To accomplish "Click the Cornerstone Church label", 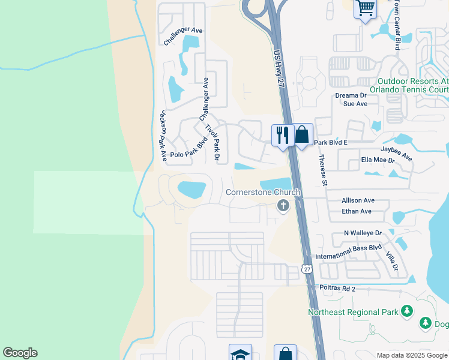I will (263, 193).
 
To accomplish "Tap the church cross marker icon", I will (283, 206).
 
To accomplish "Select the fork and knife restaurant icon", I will (282, 134).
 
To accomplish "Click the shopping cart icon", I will (366, 9).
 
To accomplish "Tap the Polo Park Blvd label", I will (188, 149).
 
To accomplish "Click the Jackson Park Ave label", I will (163, 135).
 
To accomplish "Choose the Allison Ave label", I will (358, 200).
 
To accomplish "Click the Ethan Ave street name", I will (357, 211).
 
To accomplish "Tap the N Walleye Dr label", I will (363, 233).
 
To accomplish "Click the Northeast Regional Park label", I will (353, 312).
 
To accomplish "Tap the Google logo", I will (20, 353).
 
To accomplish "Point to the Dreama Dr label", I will (351, 95).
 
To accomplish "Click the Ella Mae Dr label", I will (378, 160).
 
